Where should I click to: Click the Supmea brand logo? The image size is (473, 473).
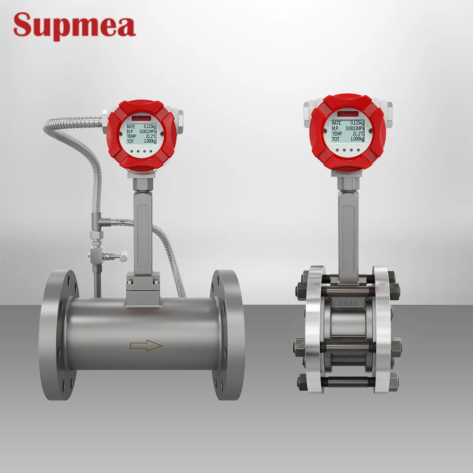(74, 26)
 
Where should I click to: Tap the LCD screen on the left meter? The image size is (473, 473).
(142, 133)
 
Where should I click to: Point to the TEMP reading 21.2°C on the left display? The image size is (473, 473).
(150, 135)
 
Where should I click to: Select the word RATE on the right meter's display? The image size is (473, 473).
(336, 122)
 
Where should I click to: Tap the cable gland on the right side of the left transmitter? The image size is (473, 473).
(180, 116)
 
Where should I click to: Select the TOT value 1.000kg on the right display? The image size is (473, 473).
(355, 139)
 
